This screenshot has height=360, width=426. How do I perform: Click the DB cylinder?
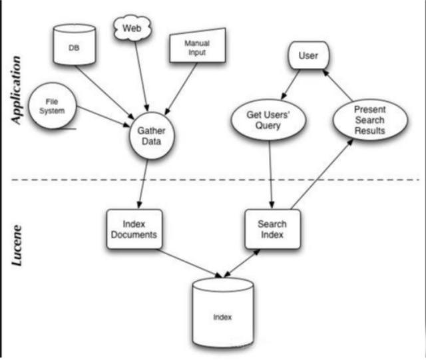74,45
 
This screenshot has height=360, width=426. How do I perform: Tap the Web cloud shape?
132,28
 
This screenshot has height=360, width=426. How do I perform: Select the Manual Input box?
198,45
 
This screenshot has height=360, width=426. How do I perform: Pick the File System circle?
52,106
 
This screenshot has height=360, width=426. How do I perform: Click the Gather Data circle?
151,136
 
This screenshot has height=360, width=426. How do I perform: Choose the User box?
308,55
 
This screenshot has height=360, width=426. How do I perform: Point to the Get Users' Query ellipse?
268,120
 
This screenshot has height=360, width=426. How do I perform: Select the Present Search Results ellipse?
370,120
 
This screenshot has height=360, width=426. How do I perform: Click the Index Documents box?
134,229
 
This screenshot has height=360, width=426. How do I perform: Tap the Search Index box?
272,229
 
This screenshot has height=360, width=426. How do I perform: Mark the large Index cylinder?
223,313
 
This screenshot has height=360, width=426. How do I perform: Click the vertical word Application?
16,90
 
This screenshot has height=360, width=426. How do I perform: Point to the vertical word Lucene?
16,245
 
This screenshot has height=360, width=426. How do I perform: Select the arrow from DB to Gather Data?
105,92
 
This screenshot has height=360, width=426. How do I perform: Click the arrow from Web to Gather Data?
142,76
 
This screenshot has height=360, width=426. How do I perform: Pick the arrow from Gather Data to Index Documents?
143,184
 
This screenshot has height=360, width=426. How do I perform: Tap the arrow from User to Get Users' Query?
290,85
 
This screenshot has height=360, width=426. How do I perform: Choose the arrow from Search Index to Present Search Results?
322,174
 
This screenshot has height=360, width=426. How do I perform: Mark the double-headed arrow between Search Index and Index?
242,264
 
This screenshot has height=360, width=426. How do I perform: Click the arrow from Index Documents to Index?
190,264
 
